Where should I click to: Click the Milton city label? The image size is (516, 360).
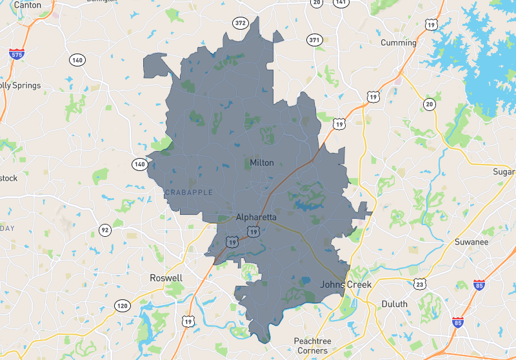pos(262,163)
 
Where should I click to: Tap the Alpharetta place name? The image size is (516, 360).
pos(256,217)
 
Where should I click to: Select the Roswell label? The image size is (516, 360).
pos(166,278)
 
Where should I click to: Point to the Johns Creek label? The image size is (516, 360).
pos(346,285)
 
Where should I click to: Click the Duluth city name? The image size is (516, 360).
pos(394,304)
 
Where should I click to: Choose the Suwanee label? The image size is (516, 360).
pos(471,242)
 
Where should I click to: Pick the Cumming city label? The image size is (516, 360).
pos(399,43)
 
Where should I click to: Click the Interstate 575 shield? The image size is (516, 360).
pos(17,54)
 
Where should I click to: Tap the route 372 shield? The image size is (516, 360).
pos(241,23)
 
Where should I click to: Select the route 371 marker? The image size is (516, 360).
pos(314,40)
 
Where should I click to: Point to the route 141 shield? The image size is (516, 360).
pos(341,3)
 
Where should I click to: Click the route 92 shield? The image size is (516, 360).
pos(104,230)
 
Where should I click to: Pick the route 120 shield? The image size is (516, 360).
pos(122,305)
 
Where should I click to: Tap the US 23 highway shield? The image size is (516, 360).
pos(420,284)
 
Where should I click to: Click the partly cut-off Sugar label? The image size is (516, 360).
pos(504,172)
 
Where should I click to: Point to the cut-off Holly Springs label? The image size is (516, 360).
pos(21,85)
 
